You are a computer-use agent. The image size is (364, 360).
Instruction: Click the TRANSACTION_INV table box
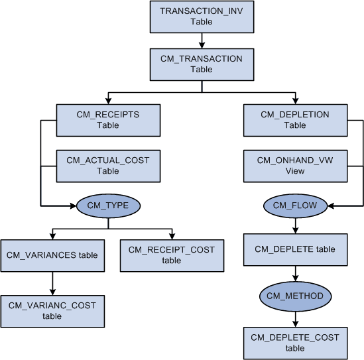[202, 17]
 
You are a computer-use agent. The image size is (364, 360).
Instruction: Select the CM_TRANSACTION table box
[202, 64]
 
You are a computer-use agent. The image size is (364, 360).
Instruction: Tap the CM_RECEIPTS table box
[107, 119]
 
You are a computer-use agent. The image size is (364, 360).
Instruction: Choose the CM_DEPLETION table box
[295, 119]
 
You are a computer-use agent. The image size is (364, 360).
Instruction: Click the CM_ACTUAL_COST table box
[107, 166]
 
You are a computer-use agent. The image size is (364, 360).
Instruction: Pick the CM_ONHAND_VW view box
[295, 166]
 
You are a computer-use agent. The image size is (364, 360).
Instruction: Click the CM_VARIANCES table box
[52, 255]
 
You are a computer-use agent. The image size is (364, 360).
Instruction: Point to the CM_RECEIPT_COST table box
[172, 255]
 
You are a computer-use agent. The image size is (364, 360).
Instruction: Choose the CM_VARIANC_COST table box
[52, 311]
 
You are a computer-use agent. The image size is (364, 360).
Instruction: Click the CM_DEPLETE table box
[295, 250]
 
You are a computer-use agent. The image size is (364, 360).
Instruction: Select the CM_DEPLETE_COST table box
[295, 343]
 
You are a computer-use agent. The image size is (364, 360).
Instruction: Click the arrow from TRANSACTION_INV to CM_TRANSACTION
[202, 40]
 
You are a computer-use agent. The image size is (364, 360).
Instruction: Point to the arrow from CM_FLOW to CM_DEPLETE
[295, 225]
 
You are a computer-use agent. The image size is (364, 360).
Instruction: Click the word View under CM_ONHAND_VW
[295, 171]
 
